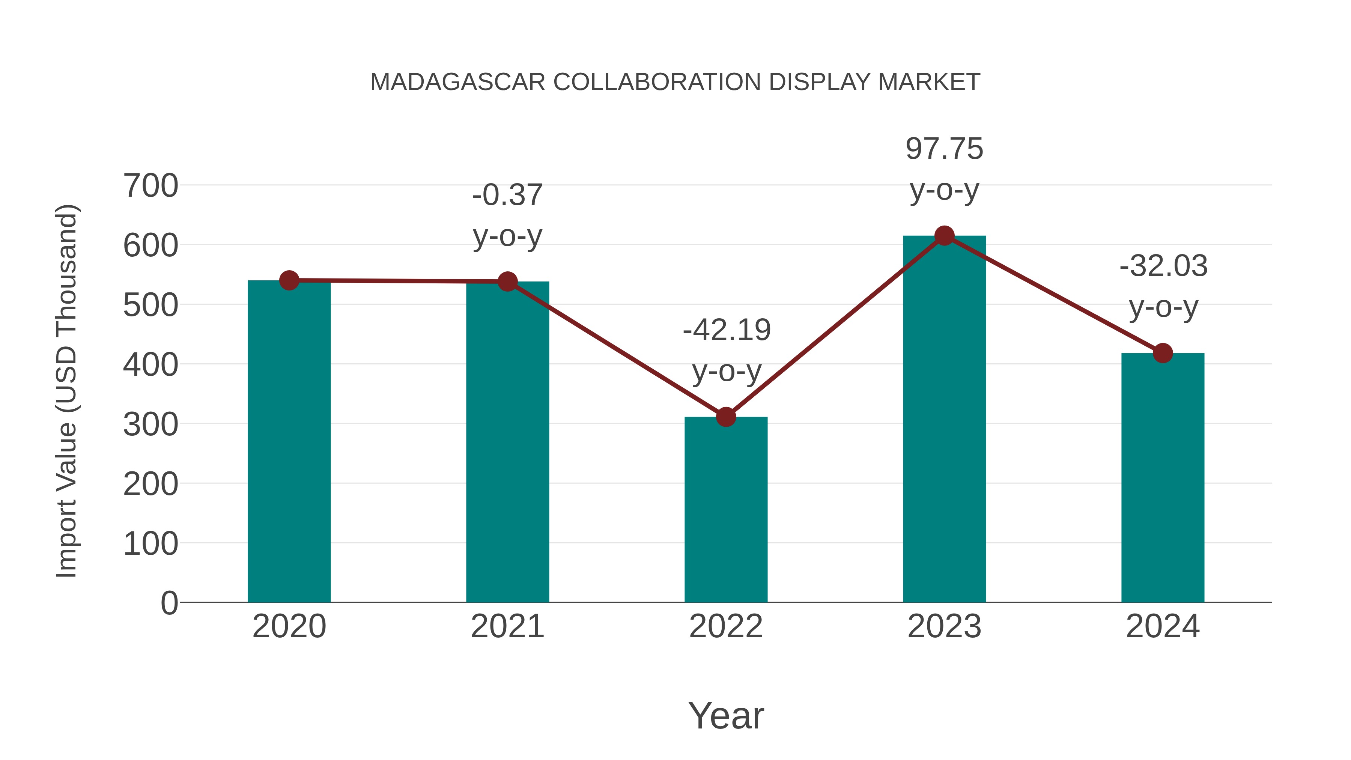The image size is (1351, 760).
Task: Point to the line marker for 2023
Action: coord(945,236)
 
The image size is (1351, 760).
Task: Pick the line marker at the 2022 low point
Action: coord(726,417)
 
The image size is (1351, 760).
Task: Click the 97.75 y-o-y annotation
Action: coord(945,169)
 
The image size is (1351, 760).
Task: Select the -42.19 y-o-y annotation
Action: coord(727,351)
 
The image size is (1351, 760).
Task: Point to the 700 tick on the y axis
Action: coord(150,186)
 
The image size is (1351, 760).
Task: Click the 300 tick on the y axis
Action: coord(150,424)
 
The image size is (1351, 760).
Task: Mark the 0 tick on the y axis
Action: coord(169,603)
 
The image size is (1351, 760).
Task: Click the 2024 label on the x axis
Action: coord(1163,626)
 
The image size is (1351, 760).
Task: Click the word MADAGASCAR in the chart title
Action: coord(457,82)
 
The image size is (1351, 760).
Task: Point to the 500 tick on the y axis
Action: coord(150,305)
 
